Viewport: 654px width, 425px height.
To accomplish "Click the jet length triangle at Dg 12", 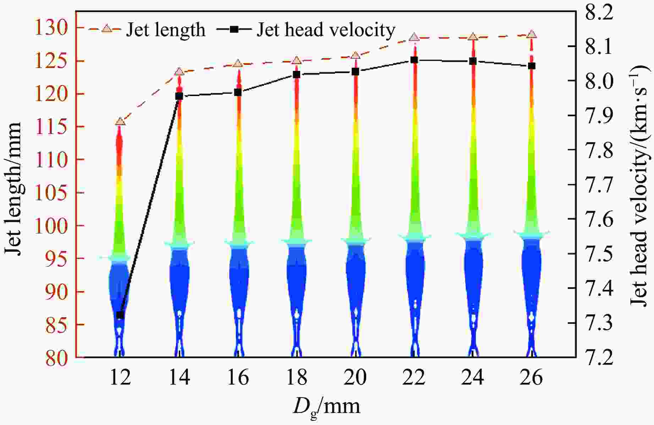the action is point(120,122).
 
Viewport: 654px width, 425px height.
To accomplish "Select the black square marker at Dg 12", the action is point(120,315).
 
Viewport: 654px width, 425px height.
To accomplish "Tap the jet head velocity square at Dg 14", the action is point(179,96).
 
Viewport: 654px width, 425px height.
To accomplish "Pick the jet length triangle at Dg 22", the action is point(414,37).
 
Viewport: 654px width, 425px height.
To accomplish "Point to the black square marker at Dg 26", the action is point(532,66).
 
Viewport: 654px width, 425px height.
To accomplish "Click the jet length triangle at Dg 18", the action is point(297,61).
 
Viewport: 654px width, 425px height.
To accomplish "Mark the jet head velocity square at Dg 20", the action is point(356,72).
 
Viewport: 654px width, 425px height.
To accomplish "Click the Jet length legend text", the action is point(166,30).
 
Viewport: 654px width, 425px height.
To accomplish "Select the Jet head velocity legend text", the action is point(326,30).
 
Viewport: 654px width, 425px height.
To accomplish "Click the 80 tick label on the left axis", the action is point(56,357).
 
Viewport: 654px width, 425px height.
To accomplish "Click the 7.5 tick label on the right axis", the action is point(599,254).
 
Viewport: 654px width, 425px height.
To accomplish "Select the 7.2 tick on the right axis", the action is point(599,357).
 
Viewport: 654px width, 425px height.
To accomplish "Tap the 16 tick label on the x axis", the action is point(238,378).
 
